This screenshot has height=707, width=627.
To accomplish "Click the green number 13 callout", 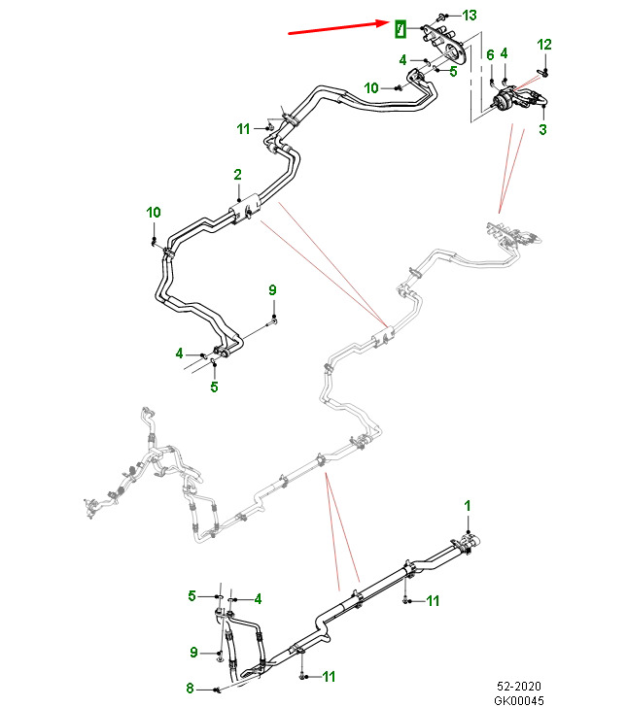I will (470, 15).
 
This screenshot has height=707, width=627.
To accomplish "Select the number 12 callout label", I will (544, 45).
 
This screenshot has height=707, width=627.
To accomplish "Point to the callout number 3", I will (541, 129).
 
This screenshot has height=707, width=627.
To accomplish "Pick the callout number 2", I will (236, 175).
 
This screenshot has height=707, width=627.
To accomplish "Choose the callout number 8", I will (190, 690).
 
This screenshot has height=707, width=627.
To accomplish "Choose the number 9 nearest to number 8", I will (193, 652).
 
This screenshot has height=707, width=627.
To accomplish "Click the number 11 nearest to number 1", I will (434, 600).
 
